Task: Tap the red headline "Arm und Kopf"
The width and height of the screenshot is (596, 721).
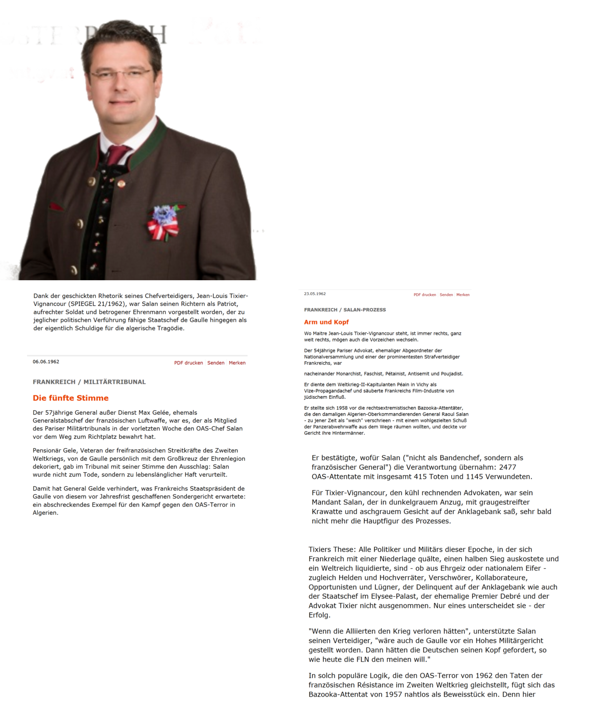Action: (x=326, y=322)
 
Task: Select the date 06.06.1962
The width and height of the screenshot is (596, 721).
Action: (x=46, y=361)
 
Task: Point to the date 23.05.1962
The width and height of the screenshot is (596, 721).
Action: (x=315, y=294)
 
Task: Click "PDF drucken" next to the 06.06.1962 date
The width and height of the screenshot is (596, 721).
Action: (x=188, y=363)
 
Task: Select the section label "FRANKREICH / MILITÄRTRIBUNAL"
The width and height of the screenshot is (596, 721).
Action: (x=89, y=382)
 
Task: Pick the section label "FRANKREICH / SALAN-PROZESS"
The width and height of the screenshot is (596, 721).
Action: (x=345, y=310)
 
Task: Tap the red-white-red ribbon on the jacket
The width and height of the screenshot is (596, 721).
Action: (x=163, y=227)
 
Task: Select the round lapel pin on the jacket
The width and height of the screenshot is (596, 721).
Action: (x=121, y=184)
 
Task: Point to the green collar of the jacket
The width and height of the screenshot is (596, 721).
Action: (x=151, y=144)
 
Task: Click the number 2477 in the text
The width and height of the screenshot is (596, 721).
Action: (x=507, y=467)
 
